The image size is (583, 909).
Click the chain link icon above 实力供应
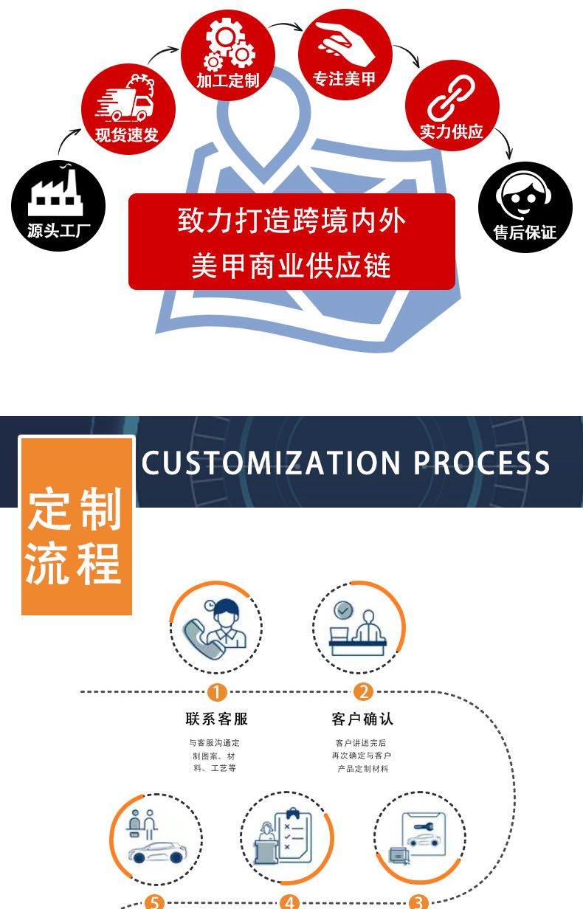(x=451, y=99)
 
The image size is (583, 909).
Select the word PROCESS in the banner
(x=481, y=463)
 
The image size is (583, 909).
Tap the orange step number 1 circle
(x=217, y=692)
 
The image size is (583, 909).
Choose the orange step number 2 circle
(x=362, y=692)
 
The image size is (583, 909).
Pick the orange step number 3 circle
(x=418, y=902)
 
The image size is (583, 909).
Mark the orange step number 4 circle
(x=289, y=902)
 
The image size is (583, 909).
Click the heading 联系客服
(x=217, y=719)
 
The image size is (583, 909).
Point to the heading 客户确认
(x=362, y=719)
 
